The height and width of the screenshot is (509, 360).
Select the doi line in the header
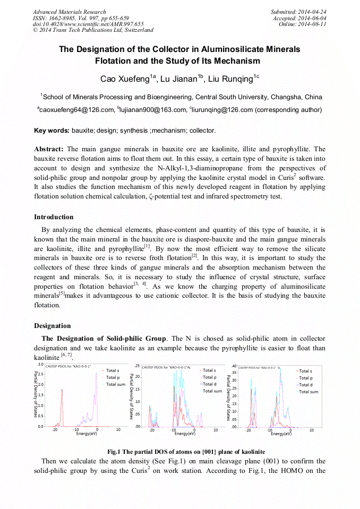coord(88,24)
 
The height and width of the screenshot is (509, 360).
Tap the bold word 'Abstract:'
coord(49,149)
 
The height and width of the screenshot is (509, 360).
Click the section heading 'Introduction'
coord(54,217)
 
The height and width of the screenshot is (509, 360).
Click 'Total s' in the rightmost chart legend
coord(305,371)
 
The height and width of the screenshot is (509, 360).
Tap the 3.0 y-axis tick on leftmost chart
coord(40,366)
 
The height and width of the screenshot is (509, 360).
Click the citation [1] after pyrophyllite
coord(147,246)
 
